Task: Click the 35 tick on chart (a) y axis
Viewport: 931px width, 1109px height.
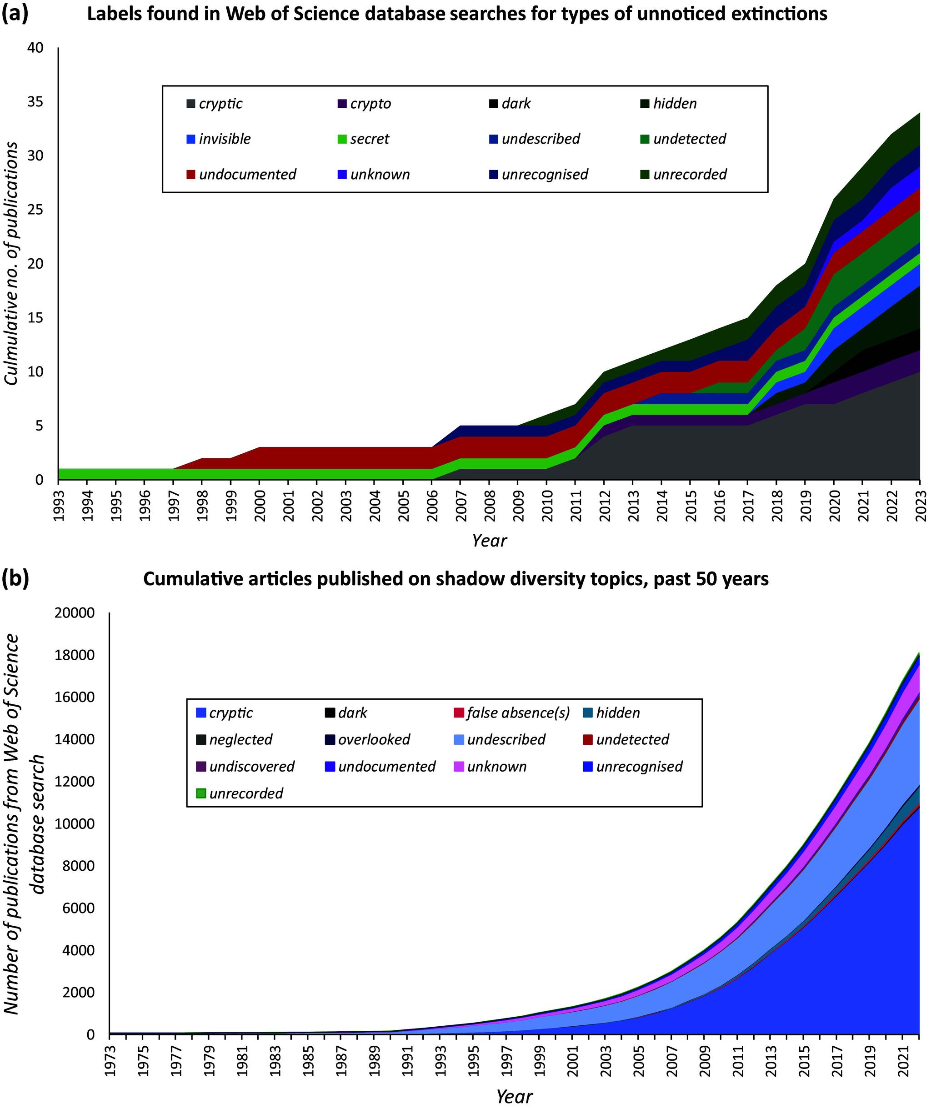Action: pyautogui.click(x=35, y=102)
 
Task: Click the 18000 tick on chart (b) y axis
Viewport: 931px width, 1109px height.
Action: pyautogui.click(x=75, y=655)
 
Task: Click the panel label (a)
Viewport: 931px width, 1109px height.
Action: pyautogui.click(x=15, y=13)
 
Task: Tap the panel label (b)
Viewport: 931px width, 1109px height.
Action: pyautogui.click(x=15, y=579)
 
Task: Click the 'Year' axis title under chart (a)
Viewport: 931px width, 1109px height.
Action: pyautogui.click(x=489, y=541)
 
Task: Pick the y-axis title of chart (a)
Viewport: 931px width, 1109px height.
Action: pyautogui.click(x=12, y=263)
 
